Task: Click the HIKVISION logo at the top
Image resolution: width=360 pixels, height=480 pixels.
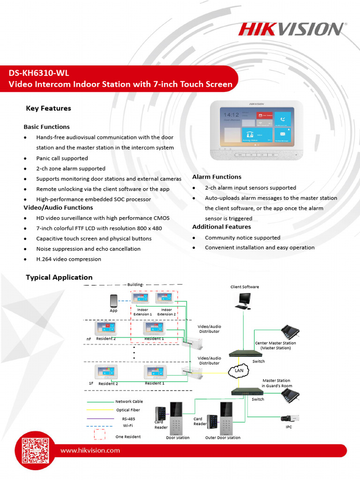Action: tap(291, 29)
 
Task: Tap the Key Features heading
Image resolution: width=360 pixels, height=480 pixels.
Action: tap(48, 108)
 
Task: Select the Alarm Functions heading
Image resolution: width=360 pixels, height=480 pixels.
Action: tap(217, 177)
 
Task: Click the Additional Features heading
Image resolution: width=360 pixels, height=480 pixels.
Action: tap(221, 227)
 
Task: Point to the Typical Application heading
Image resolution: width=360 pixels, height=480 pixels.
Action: tap(59, 277)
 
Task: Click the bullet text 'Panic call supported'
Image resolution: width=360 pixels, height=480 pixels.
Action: tap(62, 158)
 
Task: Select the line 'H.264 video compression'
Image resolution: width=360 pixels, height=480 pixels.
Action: tap(68, 259)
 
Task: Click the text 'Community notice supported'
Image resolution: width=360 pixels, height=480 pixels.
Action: tap(242, 238)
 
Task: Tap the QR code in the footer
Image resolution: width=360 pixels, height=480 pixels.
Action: tap(36, 450)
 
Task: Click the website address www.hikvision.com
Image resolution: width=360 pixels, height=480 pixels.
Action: tap(90, 450)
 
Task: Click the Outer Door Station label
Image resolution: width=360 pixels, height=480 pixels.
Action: tap(223, 438)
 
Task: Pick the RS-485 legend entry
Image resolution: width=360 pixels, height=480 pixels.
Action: tap(128, 419)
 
